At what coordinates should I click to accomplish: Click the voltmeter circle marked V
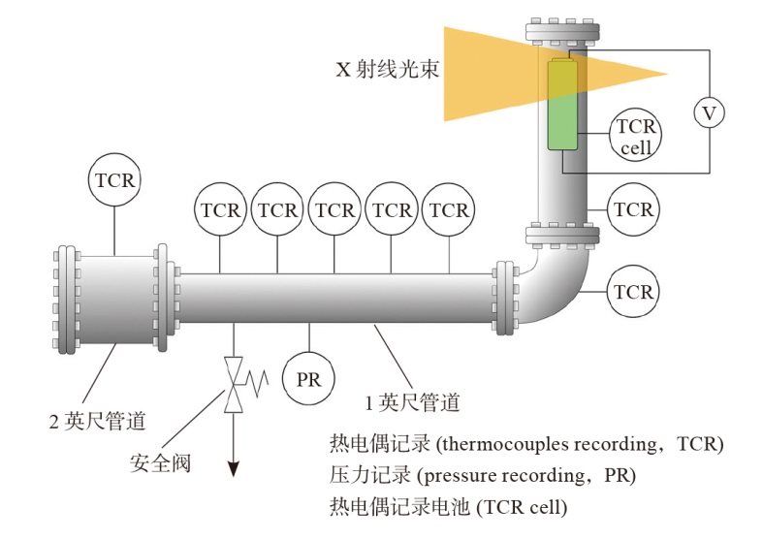(x=709, y=114)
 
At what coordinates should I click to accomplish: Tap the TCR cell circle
(x=635, y=137)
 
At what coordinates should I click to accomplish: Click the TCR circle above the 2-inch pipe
(x=114, y=180)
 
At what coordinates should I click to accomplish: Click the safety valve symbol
(x=234, y=385)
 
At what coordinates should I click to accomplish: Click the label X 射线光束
(x=383, y=70)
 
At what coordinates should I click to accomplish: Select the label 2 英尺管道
(x=97, y=420)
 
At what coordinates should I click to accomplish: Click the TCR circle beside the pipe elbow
(x=633, y=290)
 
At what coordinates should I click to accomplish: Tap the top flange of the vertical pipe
(x=562, y=32)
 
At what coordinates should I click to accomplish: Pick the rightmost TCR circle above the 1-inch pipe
(x=449, y=209)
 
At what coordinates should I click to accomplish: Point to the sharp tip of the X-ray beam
(x=667, y=73)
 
